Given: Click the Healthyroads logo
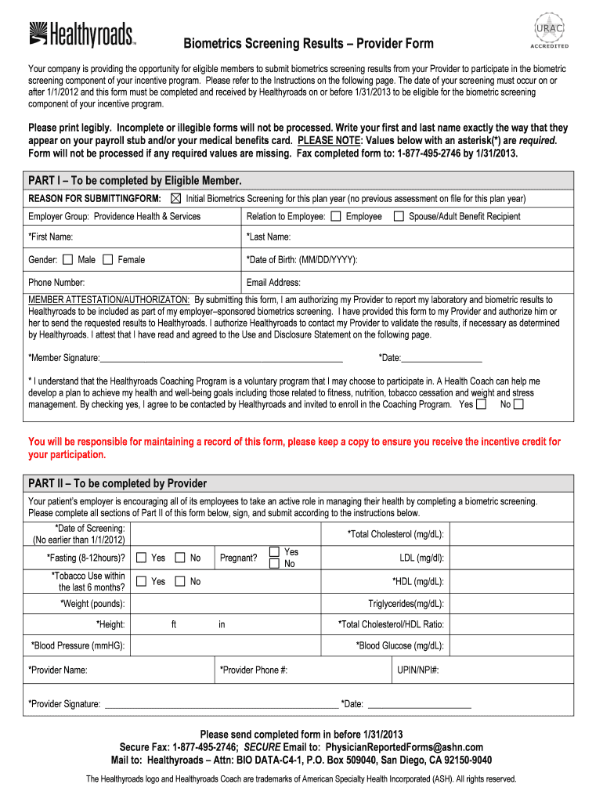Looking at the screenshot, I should [82, 34].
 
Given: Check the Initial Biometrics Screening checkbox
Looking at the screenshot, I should [175, 198].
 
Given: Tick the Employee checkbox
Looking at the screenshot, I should [336, 217].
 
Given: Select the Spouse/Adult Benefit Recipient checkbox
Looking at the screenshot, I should [398, 217].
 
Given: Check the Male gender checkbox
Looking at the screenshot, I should [67, 259].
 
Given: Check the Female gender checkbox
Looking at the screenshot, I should [107, 259].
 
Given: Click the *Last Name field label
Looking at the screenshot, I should [269, 237].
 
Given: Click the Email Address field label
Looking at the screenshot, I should [273, 283].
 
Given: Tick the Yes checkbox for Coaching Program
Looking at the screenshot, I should [481, 404].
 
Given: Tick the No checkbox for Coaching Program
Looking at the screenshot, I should [518, 404].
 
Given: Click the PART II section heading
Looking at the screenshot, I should [117, 483].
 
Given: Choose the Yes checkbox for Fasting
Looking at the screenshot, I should [141, 558].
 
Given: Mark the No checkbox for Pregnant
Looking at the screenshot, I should [274, 564].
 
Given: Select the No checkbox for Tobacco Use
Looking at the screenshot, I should [179, 581].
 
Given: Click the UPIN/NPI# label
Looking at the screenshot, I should [417, 670].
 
